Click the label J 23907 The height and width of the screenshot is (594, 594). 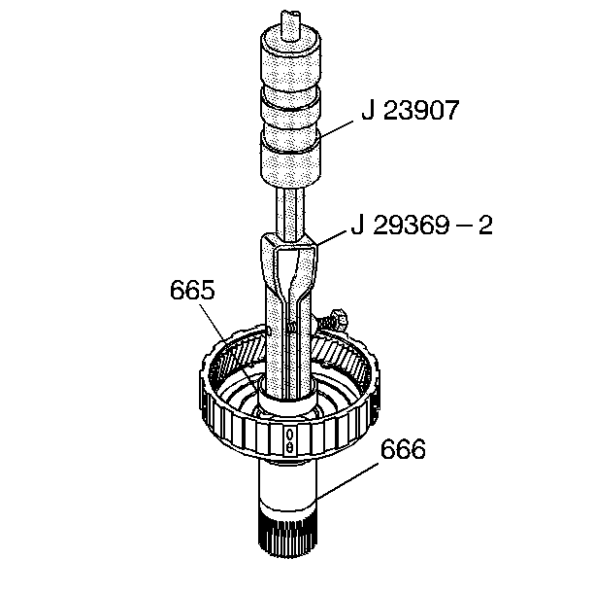pyautogui.click(x=411, y=111)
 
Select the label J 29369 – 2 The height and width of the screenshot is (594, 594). pyautogui.click(x=421, y=226)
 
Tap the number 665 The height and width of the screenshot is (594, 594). pyautogui.click(x=192, y=291)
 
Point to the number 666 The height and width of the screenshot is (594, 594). pyautogui.click(x=403, y=449)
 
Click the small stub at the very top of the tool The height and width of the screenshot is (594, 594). pyautogui.click(x=290, y=25)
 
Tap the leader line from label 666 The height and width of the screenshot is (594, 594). pyautogui.click(x=347, y=480)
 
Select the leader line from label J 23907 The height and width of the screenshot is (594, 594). pyautogui.click(x=336, y=130)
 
